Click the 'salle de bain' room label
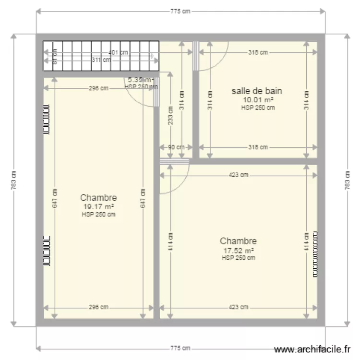pyautogui.click(x=256, y=91)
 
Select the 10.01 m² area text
pyautogui.click(x=258, y=100)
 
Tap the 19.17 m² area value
pyautogui.click(x=98, y=207)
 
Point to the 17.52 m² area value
pyautogui.click(x=238, y=250)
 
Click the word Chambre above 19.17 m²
pyautogui.click(x=98, y=198)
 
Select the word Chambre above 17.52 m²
pyautogui.click(x=238, y=241)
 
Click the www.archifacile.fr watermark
pyautogui.click(x=312, y=349)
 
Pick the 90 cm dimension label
pyautogui.click(x=176, y=148)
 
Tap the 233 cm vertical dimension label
pyautogui.click(x=170, y=115)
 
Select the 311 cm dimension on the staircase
pyautogui.click(x=101, y=60)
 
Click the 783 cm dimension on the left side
pyautogui.click(x=13, y=180)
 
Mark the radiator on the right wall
pyautogui.click(x=315, y=254)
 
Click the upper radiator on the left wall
pyautogui.click(x=47, y=120)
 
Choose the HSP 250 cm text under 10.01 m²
pyautogui.click(x=258, y=108)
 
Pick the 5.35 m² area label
pyautogui.click(x=139, y=80)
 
